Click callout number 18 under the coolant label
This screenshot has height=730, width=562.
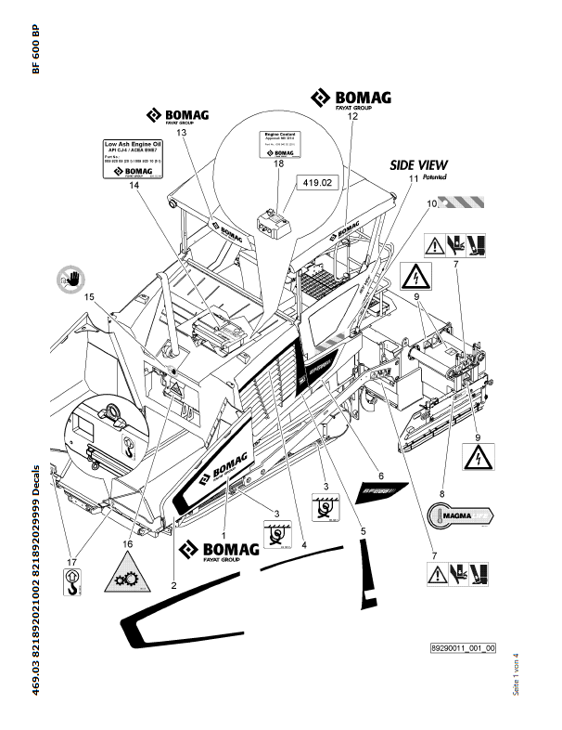[278, 163]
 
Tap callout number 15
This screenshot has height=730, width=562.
[90, 296]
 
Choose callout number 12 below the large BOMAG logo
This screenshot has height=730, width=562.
[351, 117]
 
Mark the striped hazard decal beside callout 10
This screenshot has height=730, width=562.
[463, 201]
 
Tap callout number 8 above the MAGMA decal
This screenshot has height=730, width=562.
[441, 494]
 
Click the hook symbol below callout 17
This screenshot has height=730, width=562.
[70, 582]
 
